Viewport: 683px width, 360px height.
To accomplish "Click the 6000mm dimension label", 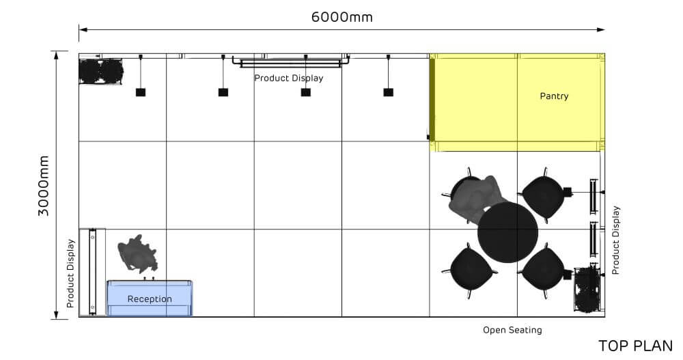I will tap(341, 17).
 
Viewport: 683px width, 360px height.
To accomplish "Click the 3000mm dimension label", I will tap(44, 185).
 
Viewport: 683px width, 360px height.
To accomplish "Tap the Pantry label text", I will tap(554, 96).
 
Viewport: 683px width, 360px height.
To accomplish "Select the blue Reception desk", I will tap(150, 299).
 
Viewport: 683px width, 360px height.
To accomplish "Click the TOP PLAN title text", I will tap(635, 346).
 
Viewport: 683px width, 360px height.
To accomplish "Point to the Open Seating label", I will tap(512, 330).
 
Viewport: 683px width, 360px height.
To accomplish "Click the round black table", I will tap(507, 232).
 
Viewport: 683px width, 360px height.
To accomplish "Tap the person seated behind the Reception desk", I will tap(138, 254).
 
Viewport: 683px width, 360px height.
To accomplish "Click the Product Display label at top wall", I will tap(289, 78).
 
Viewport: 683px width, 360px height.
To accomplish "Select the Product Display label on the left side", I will tap(70, 273).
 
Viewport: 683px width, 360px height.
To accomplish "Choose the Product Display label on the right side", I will tap(616, 240).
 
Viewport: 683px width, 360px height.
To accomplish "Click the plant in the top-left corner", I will tap(100, 71).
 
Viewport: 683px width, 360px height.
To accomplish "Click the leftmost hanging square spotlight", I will tap(141, 92).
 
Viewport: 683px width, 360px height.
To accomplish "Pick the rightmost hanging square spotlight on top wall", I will tap(388, 92).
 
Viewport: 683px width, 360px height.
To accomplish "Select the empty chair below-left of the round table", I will tap(471, 268).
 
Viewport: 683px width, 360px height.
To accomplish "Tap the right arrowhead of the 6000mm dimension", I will tap(602, 29).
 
